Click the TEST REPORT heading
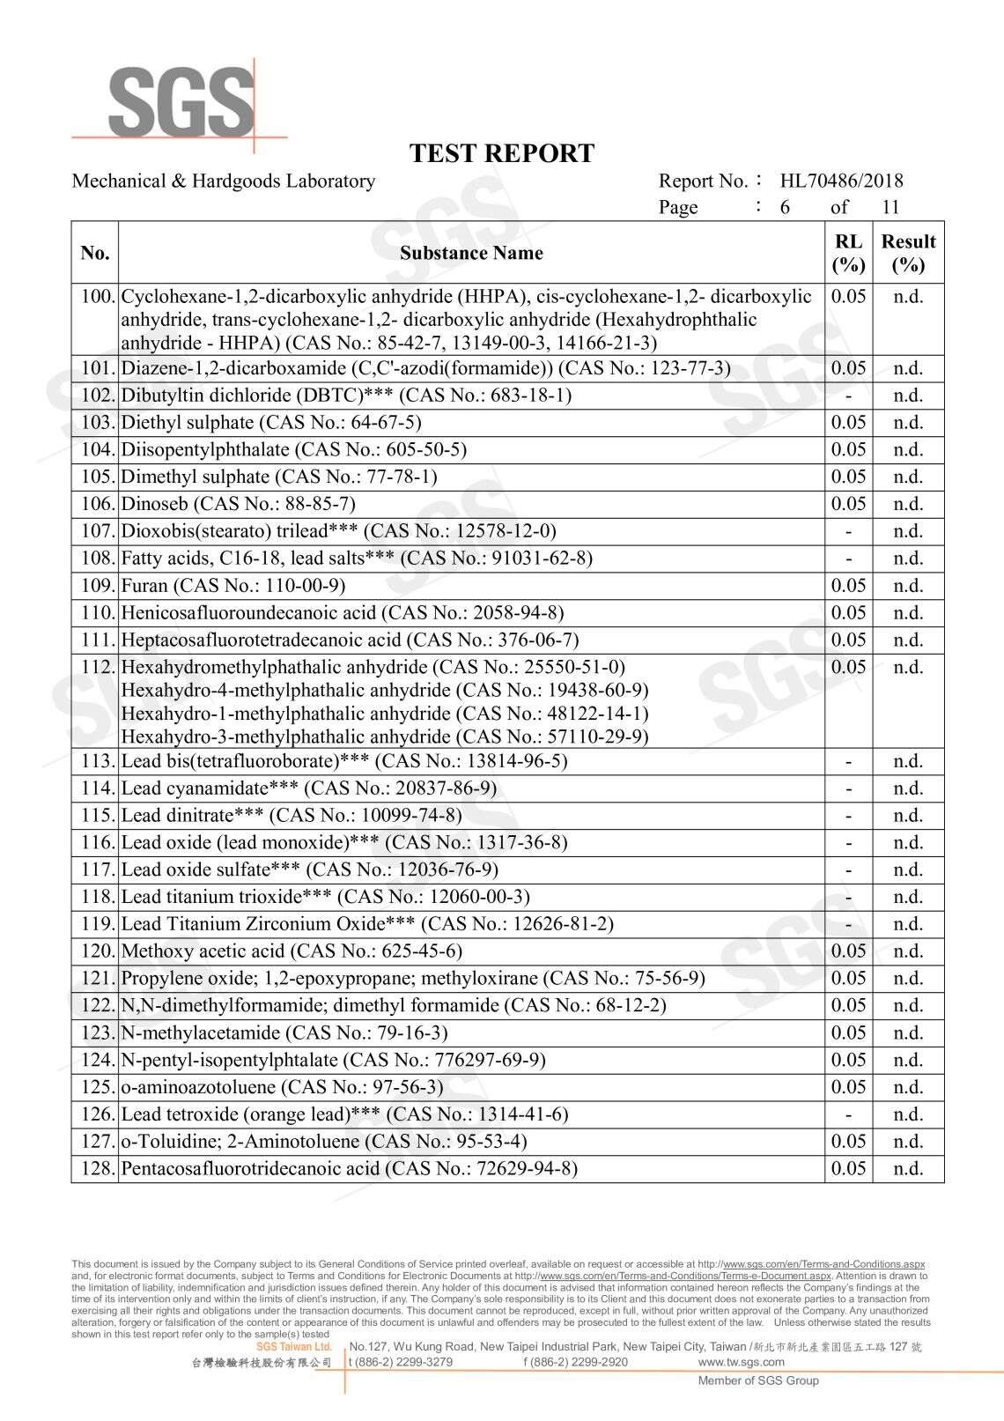[x=502, y=154]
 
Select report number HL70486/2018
[x=841, y=181]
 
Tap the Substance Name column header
[x=471, y=254]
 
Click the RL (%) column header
[x=848, y=253]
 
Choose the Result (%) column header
[x=908, y=253]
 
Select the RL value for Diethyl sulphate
[x=848, y=423]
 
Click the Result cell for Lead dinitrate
[x=908, y=815]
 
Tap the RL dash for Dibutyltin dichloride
[x=848, y=396]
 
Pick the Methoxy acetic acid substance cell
[x=291, y=951]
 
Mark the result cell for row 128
[x=908, y=1169]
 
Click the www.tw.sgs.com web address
[x=741, y=1362]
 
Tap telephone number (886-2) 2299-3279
[x=401, y=1362]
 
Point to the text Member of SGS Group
[x=758, y=1380]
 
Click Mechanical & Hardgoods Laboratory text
[x=224, y=181]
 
